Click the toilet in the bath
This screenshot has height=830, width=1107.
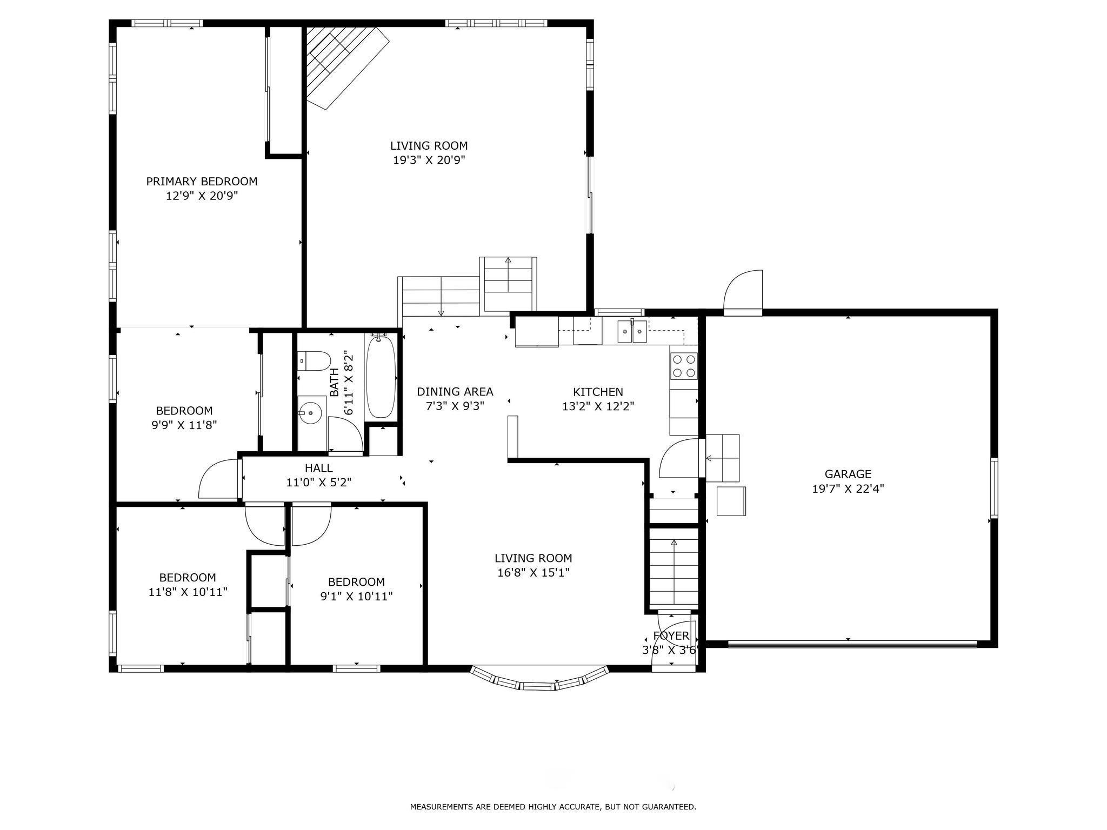coord(314,361)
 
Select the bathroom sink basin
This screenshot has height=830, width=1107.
coord(311,414)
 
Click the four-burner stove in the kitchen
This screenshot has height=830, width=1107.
coord(684,365)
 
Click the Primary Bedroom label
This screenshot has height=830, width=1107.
coord(202,182)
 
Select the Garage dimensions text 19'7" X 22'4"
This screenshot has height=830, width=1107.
coord(848,489)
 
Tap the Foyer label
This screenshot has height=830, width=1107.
coord(671,636)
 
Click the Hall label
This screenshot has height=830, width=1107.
coord(319,468)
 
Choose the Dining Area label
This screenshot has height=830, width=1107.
coord(455,392)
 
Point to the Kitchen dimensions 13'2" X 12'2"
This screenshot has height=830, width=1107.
coord(598,406)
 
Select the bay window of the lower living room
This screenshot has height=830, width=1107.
coord(539,679)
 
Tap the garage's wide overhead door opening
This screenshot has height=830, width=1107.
coord(852,644)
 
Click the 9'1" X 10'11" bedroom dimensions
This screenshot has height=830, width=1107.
coord(356,597)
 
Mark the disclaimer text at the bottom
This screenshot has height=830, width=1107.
coord(553,807)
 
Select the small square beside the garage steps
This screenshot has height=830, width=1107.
coord(731,501)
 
